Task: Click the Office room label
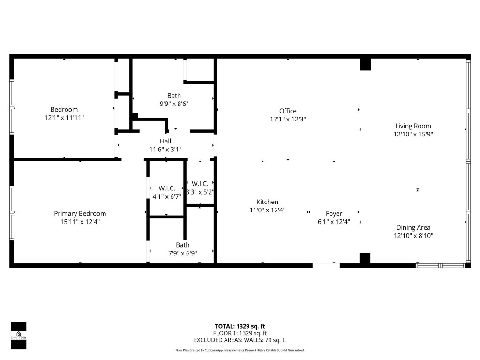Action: (x=287, y=111)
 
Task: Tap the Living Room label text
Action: (x=413, y=126)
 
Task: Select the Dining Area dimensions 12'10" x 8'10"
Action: (x=413, y=236)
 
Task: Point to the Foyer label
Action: (x=334, y=214)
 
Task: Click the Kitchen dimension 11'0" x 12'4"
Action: (x=267, y=210)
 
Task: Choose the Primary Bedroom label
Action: (x=80, y=214)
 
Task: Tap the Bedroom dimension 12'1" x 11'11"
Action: (x=64, y=118)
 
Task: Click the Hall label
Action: (x=165, y=141)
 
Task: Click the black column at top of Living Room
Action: (x=365, y=64)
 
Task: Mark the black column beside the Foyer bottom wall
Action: (x=365, y=258)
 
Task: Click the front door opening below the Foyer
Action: (x=326, y=266)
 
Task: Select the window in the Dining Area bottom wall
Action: (x=441, y=266)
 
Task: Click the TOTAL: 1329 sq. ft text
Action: (x=240, y=326)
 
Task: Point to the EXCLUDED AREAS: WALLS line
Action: (x=240, y=340)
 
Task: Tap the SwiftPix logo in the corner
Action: (x=18, y=336)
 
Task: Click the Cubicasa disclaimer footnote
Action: (x=240, y=350)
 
